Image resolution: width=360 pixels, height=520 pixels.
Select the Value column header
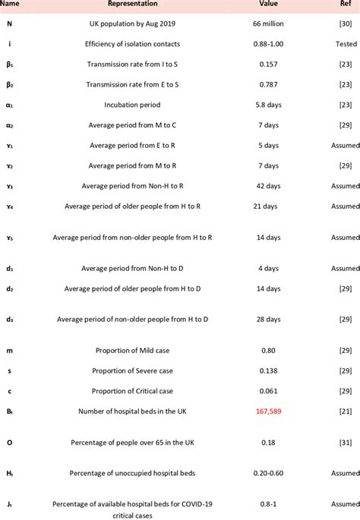(x=267, y=4)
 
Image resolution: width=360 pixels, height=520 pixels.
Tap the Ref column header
(x=345, y=4)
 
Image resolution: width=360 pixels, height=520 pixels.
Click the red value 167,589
(x=267, y=411)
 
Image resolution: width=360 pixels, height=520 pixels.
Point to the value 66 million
(x=267, y=24)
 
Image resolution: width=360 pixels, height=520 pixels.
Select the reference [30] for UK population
(x=345, y=24)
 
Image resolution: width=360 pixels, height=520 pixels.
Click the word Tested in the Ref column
(x=346, y=44)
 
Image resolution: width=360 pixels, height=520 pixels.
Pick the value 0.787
(x=267, y=84)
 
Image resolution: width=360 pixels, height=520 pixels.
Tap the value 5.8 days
(x=267, y=105)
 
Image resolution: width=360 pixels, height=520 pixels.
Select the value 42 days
(x=267, y=185)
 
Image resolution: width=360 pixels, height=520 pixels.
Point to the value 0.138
(x=267, y=370)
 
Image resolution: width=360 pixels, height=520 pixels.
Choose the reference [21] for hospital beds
(x=345, y=411)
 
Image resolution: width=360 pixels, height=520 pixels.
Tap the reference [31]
(x=345, y=442)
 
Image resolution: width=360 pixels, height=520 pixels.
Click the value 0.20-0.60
(x=267, y=473)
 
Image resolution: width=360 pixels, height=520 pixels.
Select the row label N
(x=9, y=24)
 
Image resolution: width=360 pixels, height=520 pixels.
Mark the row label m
(x=9, y=350)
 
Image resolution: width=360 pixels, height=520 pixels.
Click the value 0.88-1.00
(x=267, y=44)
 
